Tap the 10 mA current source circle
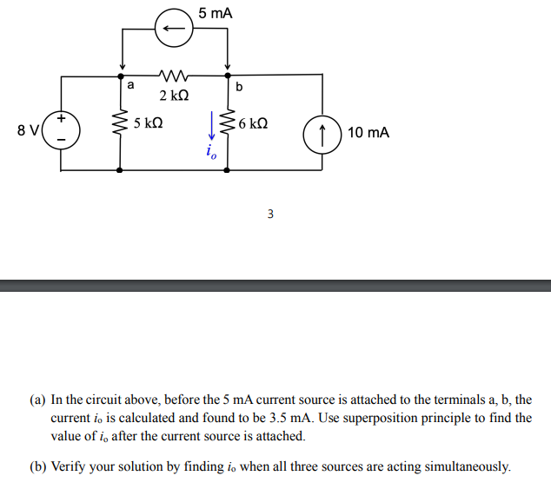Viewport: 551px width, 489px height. click(322, 133)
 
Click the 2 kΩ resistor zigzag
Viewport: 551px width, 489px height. click(174, 76)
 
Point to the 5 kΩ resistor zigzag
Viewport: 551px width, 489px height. click(119, 127)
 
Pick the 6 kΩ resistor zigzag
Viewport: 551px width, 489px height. click(229, 127)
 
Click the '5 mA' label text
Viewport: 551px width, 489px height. click(215, 13)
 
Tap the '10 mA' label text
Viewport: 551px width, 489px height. click(368, 133)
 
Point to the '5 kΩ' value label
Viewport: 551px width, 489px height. click(149, 123)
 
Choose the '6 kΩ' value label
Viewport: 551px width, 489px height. click(253, 123)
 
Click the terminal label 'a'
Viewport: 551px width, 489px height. click(130, 86)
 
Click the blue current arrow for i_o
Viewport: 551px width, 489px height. click(211, 127)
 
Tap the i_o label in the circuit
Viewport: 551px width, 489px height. click(211, 153)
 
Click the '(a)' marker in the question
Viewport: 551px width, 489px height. click(37, 400)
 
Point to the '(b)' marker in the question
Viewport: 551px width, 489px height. click(37, 466)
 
